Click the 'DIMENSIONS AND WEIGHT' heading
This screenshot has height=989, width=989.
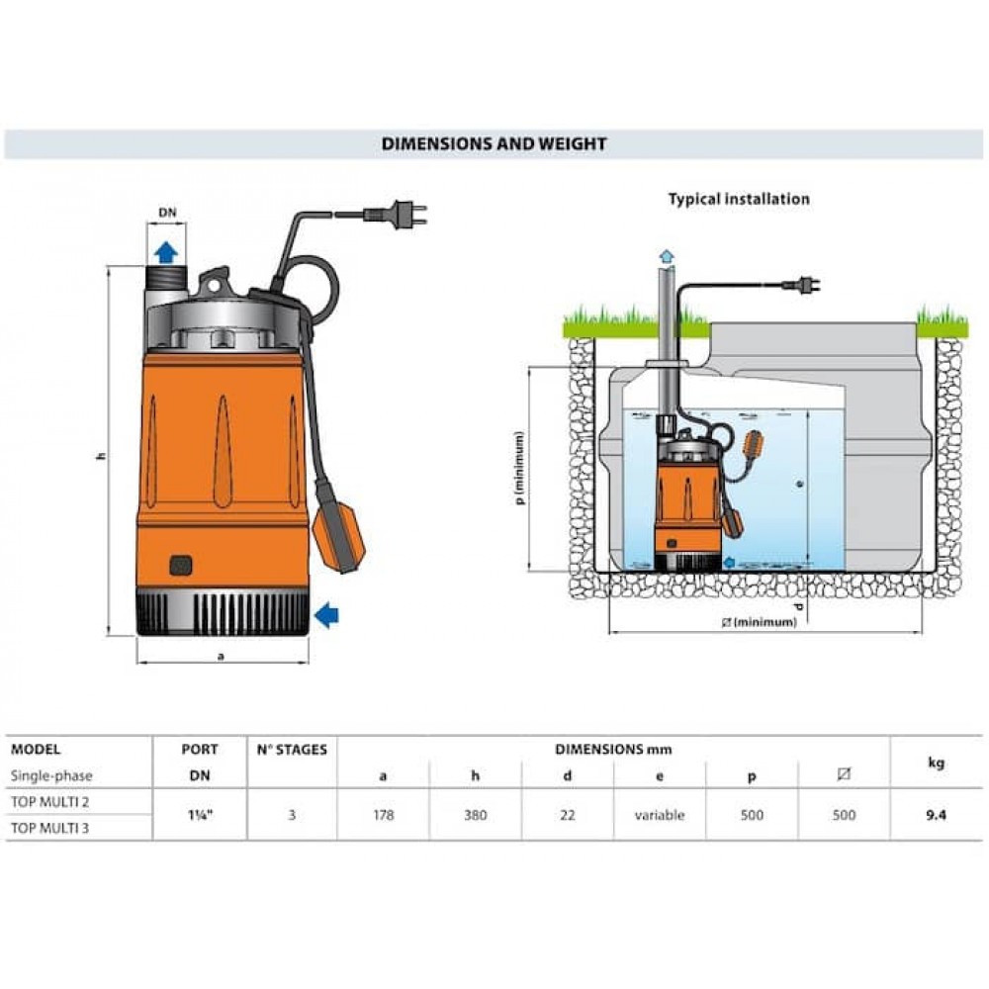point(494,144)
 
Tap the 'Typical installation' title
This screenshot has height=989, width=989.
point(738,199)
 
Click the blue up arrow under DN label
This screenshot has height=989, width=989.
point(165,250)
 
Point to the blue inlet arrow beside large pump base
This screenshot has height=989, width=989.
point(326,617)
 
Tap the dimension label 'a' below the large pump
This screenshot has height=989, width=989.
point(221,656)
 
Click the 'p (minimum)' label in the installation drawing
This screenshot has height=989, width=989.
point(520,468)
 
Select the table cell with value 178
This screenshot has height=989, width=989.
point(383,816)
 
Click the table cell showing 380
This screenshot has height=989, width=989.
point(475,816)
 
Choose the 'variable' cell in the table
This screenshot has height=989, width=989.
point(659,816)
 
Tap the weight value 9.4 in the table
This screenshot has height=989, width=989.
point(936,816)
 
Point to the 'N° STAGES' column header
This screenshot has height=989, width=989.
point(292,750)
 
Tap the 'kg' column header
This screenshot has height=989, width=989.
point(936,763)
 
